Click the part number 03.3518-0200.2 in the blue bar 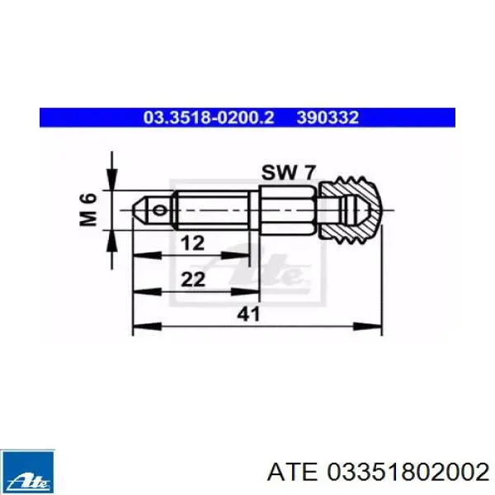pyautogui.click(x=209, y=117)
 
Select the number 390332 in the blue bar pyautogui.click(x=328, y=117)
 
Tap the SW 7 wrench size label pyautogui.click(x=288, y=172)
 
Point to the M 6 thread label pyautogui.click(x=88, y=210)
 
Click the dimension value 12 pyautogui.click(x=192, y=243)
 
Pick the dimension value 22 pyautogui.click(x=193, y=279)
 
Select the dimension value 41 pyautogui.click(x=248, y=314)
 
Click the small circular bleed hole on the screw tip pyautogui.click(x=159, y=210)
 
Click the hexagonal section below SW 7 pyautogui.click(x=287, y=210)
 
